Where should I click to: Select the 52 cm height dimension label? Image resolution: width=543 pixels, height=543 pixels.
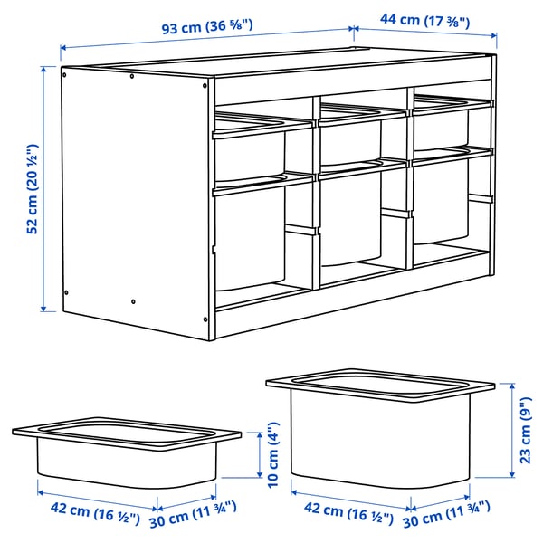pyautogui.click(x=32, y=187)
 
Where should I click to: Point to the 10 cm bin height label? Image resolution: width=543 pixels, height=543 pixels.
pyautogui.click(x=269, y=459)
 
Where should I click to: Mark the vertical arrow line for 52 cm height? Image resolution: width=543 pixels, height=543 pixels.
pyautogui.click(x=43, y=187)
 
